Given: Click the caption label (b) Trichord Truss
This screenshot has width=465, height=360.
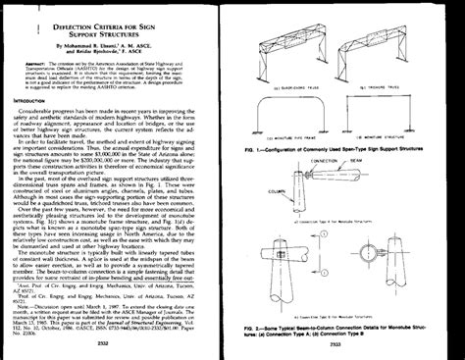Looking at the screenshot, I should pyautogui.click(x=395, y=83).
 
